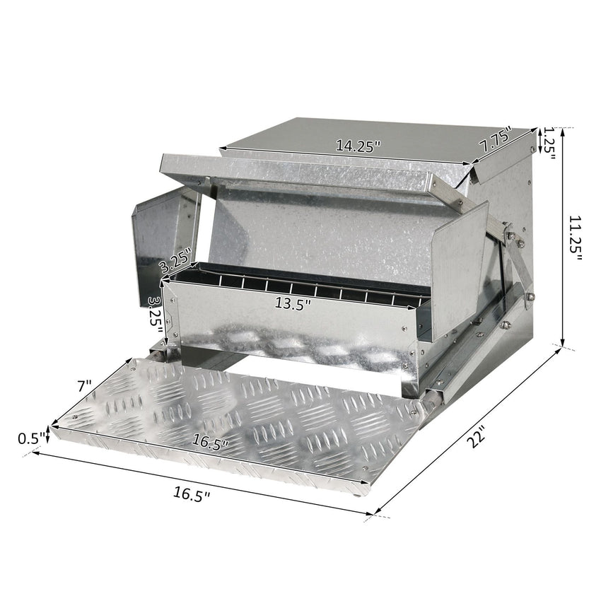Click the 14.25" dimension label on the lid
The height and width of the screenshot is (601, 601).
pos(358,146)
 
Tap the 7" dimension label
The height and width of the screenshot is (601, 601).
pos(85,386)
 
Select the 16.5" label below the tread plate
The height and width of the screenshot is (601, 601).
pos(192,495)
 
